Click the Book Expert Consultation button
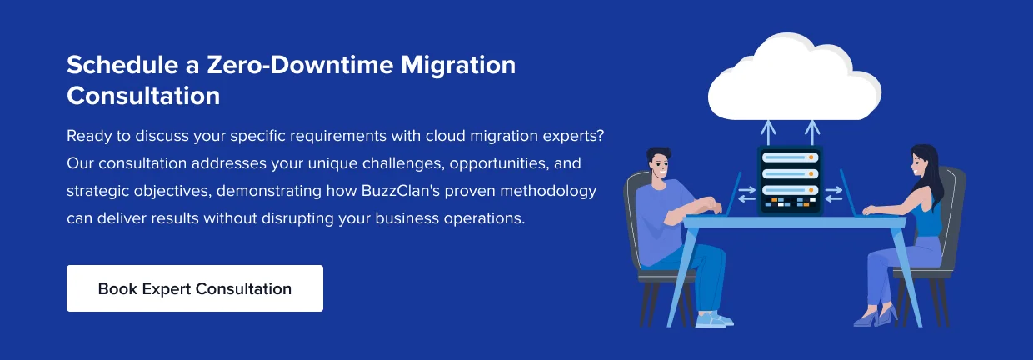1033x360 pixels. tap(195, 288)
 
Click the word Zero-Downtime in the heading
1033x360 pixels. tap(300, 65)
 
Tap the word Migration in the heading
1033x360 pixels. tap(458, 66)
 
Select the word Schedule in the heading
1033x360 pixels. tap(122, 65)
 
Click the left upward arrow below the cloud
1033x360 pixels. tap(768, 133)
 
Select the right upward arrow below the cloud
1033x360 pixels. tap(812, 133)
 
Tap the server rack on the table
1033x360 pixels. tap(790, 181)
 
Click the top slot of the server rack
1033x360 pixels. tap(790, 157)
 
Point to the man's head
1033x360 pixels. tap(659, 163)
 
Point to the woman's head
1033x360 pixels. tap(921, 161)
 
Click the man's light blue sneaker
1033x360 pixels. tap(714, 320)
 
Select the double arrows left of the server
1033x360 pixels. tap(746, 194)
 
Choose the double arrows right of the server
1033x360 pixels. tap(833, 194)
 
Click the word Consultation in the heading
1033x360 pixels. tap(143, 96)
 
